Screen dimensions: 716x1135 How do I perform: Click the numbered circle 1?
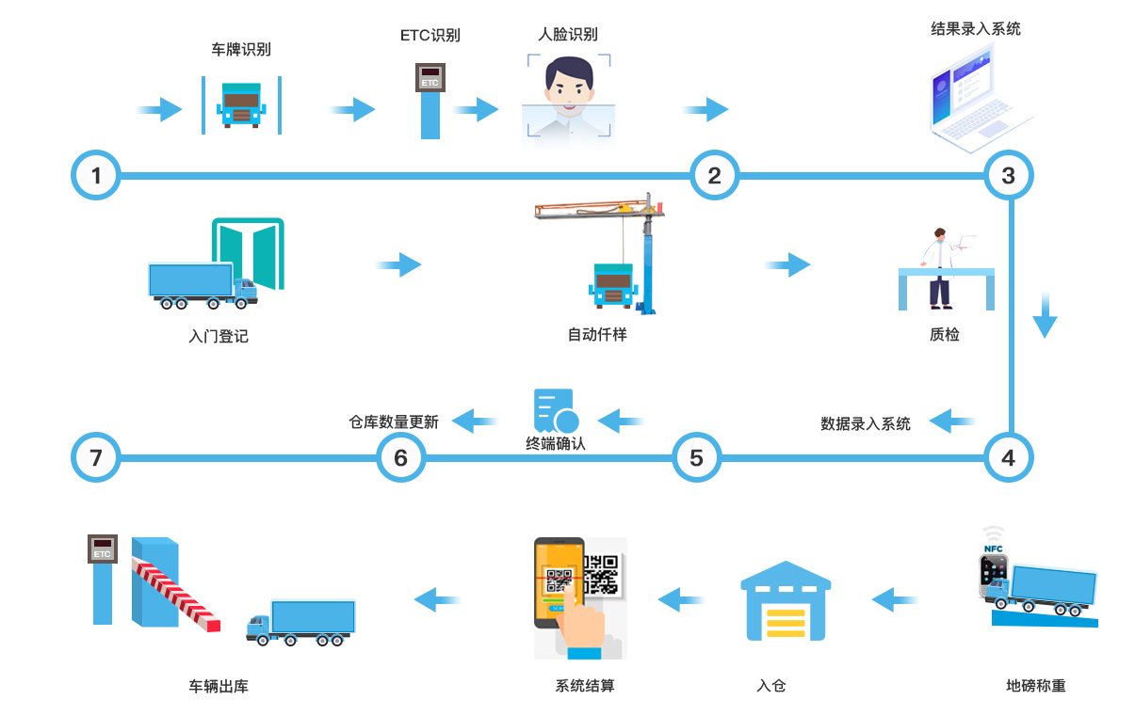pos(96,175)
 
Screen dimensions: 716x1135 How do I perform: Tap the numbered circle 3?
pos(1008,175)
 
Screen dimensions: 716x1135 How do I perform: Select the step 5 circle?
pos(696,458)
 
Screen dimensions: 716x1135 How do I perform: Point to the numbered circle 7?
pos(96,458)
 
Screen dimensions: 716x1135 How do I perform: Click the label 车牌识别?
pos(241,50)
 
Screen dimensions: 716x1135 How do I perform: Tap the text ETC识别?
pos(430,36)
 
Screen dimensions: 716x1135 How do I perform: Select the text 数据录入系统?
pos(866,424)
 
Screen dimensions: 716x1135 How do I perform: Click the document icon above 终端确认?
pos(554,410)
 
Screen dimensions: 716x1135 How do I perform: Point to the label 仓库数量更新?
pos(394,422)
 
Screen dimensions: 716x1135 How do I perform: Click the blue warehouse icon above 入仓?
pos(786,602)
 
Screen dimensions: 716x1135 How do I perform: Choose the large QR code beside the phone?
pos(600,574)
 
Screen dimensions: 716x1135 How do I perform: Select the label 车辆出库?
pos(219,687)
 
